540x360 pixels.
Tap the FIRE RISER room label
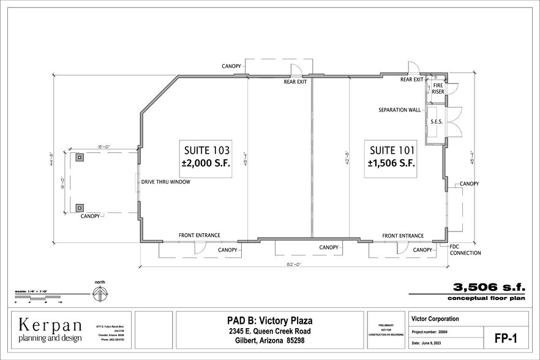point(438,88)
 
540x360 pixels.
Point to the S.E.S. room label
point(437,122)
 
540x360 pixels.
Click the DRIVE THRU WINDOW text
point(166,182)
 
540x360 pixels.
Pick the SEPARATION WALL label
point(400,110)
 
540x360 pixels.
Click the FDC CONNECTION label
point(465,250)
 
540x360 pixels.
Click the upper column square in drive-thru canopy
point(80,157)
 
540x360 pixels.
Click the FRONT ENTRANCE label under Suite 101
point(402,236)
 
